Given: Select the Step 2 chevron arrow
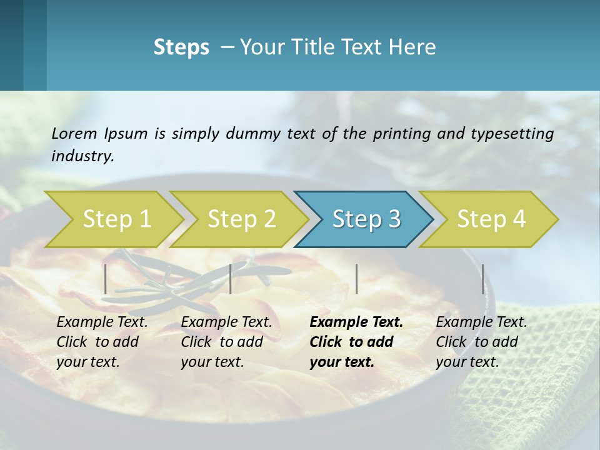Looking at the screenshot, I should (x=241, y=219).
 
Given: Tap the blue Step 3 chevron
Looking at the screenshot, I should (x=366, y=219).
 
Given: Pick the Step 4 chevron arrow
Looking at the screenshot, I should (x=491, y=219).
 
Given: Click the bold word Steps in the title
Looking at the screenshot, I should (x=181, y=47).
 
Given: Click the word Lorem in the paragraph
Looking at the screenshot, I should (x=74, y=134).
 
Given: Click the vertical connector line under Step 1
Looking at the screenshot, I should (x=106, y=279).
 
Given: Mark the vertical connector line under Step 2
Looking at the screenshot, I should (x=231, y=279).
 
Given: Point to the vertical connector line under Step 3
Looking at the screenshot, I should (x=356, y=279).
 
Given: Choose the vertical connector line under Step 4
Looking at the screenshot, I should (x=482, y=279).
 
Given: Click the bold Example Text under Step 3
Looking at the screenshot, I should (x=356, y=322).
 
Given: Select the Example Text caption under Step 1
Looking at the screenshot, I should (x=102, y=322).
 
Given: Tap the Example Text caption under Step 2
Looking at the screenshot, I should (x=226, y=322).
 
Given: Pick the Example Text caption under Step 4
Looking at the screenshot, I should (x=481, y=322).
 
